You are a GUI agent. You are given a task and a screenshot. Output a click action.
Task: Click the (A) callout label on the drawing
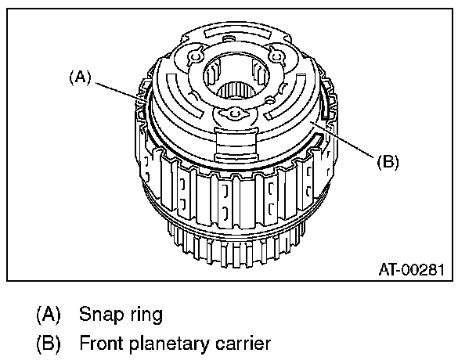(80, 77)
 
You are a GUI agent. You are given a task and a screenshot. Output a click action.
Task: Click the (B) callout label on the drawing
(388, 162)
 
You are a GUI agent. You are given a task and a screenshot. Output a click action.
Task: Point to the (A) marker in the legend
(48, 316)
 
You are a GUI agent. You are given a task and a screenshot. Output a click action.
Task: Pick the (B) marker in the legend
(48, 344)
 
